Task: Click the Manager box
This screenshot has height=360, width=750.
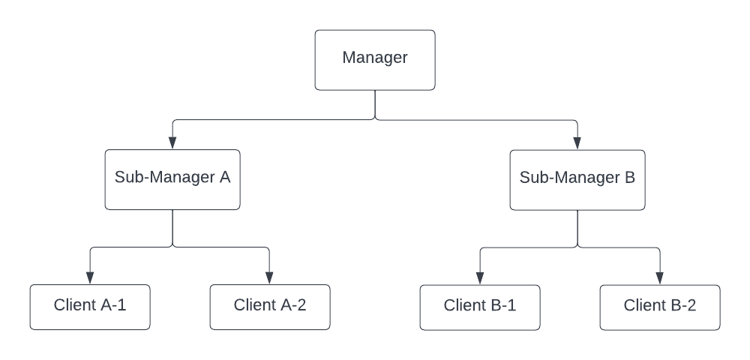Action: pyautogui.click(x=375, y=60)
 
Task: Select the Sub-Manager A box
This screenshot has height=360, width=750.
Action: pyautogui.click(x=172, y=179)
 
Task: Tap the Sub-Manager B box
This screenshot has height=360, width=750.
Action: pyautogui.click(x=577, y=179)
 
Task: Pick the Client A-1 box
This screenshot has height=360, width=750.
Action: pyautogui.click(x=90, y=307)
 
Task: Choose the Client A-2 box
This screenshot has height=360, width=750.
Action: pyautogui.click(x=270, y=307)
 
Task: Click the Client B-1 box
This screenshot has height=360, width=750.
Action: pyautogui.click(x=480, y=307)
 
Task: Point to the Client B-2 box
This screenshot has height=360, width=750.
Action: pyautogui.click(x=660, y=307)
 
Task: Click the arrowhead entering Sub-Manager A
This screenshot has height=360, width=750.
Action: pyautogui.click(x=172, y=143)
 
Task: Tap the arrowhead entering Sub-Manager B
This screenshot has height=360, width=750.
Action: pyautogui.click(x=577, y=143)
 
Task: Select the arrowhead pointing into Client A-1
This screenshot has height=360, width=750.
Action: pyautogui.click(x=90, y=278)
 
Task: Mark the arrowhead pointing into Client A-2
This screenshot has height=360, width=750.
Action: pyautogui.click(x=270, y=278)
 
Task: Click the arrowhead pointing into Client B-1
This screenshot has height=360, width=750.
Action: pyautogui.click(x=480, y=278)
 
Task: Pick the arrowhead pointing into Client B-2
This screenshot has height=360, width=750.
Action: pyautogui.click(x=660, y=278)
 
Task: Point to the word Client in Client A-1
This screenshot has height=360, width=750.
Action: pyautogui.click(x=74, y=305)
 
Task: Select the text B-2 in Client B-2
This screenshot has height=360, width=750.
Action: pyautogui.click(x=682, y=305)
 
